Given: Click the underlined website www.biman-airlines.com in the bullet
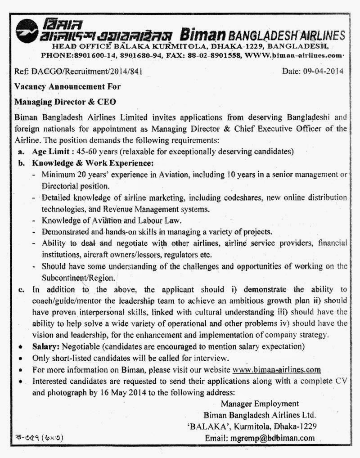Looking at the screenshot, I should [277, 369].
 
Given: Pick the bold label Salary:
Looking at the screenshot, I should [48, 347].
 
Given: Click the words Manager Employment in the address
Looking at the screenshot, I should [260, 404].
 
